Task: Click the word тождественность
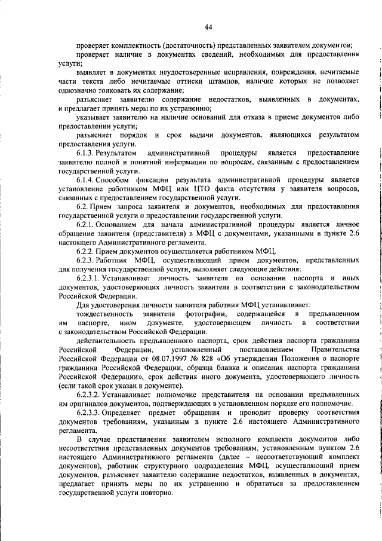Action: point(105,314)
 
